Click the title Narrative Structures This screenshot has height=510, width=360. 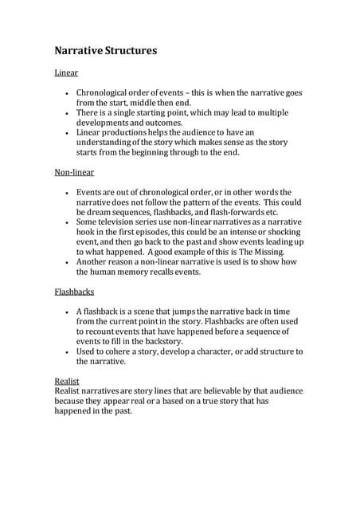(105, 50)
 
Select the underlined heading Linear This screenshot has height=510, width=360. (66, 73)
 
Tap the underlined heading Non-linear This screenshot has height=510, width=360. (74, 172)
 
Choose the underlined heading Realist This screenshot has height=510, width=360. (67, 381)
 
